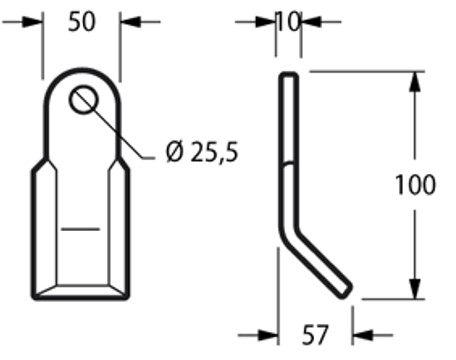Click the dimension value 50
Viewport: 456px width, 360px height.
pos(81,22)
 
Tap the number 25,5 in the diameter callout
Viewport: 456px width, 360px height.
pos(213,153)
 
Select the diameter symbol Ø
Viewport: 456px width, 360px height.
pos(172,153)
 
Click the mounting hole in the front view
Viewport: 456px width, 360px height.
pos(82,100)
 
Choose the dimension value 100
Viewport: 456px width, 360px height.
pos(415,185)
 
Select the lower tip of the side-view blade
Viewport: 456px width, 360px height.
pos(345,290)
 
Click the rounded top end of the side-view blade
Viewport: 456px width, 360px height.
pos(288,77)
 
